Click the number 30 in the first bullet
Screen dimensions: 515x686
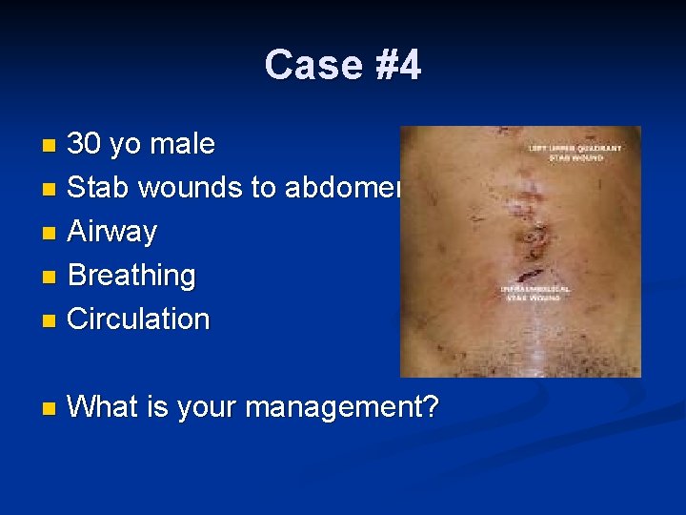(86, 145)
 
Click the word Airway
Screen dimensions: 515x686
(111, 232)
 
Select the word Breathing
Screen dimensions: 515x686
(131, 276)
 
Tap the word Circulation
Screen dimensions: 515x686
(138, 319)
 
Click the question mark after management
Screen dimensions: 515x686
(431, 408)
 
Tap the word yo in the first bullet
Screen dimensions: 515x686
(125, 145)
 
